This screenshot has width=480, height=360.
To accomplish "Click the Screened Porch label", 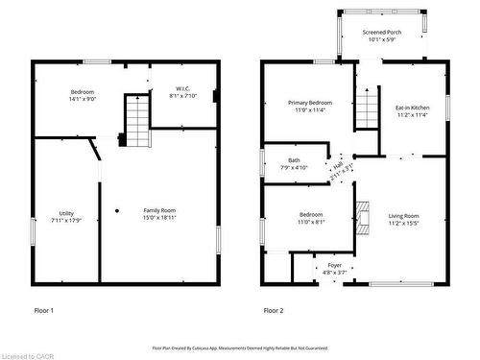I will click(382, 33).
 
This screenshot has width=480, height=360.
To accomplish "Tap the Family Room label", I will click(159, 210).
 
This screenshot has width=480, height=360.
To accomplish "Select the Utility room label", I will click(66, 213).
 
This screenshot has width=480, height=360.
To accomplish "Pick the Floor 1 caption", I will click(44, 310).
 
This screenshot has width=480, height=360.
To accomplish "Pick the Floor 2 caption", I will click(274, 310).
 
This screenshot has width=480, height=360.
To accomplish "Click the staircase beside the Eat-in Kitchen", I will click(367, 108).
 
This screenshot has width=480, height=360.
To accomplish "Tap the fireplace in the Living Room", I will click(361, 218).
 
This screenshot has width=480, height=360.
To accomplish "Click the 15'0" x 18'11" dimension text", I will click(159, 218).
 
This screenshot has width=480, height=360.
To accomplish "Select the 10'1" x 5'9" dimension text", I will click(382, 40).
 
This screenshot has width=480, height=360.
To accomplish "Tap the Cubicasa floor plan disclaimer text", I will click(240, 348).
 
